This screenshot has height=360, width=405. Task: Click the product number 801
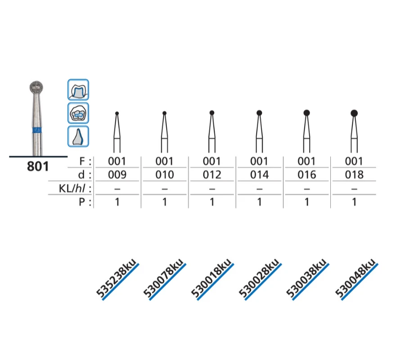(38, 166)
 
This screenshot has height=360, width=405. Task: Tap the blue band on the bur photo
(37, 130)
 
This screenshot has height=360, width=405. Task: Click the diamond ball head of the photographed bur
(36, 87)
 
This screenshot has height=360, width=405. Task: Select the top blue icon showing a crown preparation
(78, 90)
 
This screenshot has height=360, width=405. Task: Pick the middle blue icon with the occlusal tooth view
(78, 113)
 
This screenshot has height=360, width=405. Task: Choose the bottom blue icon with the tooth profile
(78, 137)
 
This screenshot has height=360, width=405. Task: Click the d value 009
(117, 175)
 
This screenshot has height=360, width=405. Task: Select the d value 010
(165, 175)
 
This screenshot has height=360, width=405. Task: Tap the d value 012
(212, 175)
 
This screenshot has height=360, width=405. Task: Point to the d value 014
(259, 175)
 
